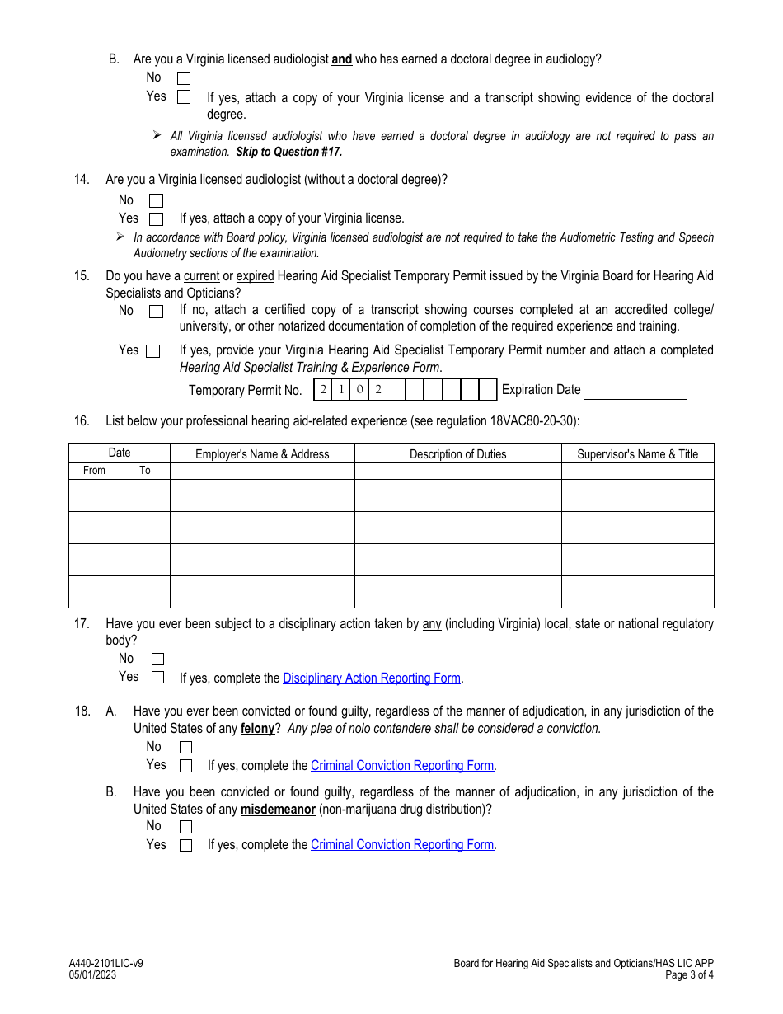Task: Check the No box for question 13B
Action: coord(184,78)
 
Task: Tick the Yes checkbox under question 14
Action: coord(156,219)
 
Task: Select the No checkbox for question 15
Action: coord(156,312)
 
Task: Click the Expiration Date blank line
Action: coord(635,391)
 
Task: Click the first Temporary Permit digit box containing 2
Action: coord(323,390)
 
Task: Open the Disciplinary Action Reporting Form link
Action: coord(371,678)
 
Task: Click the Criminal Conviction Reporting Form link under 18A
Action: coord(402,766)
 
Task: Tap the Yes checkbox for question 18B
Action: coord(185,846)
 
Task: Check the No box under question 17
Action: coord(157,660)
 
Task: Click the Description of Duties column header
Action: coord(457,454)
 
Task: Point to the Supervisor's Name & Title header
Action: coord(637,454)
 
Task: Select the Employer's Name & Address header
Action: coord(262,454)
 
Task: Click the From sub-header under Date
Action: coord(94,471)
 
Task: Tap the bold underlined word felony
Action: coord(257,729)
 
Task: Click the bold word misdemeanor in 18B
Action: coord(278,810)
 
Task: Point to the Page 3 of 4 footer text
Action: coord(689,975)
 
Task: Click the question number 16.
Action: coord(81,421)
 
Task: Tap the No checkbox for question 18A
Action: coord(185,748)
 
